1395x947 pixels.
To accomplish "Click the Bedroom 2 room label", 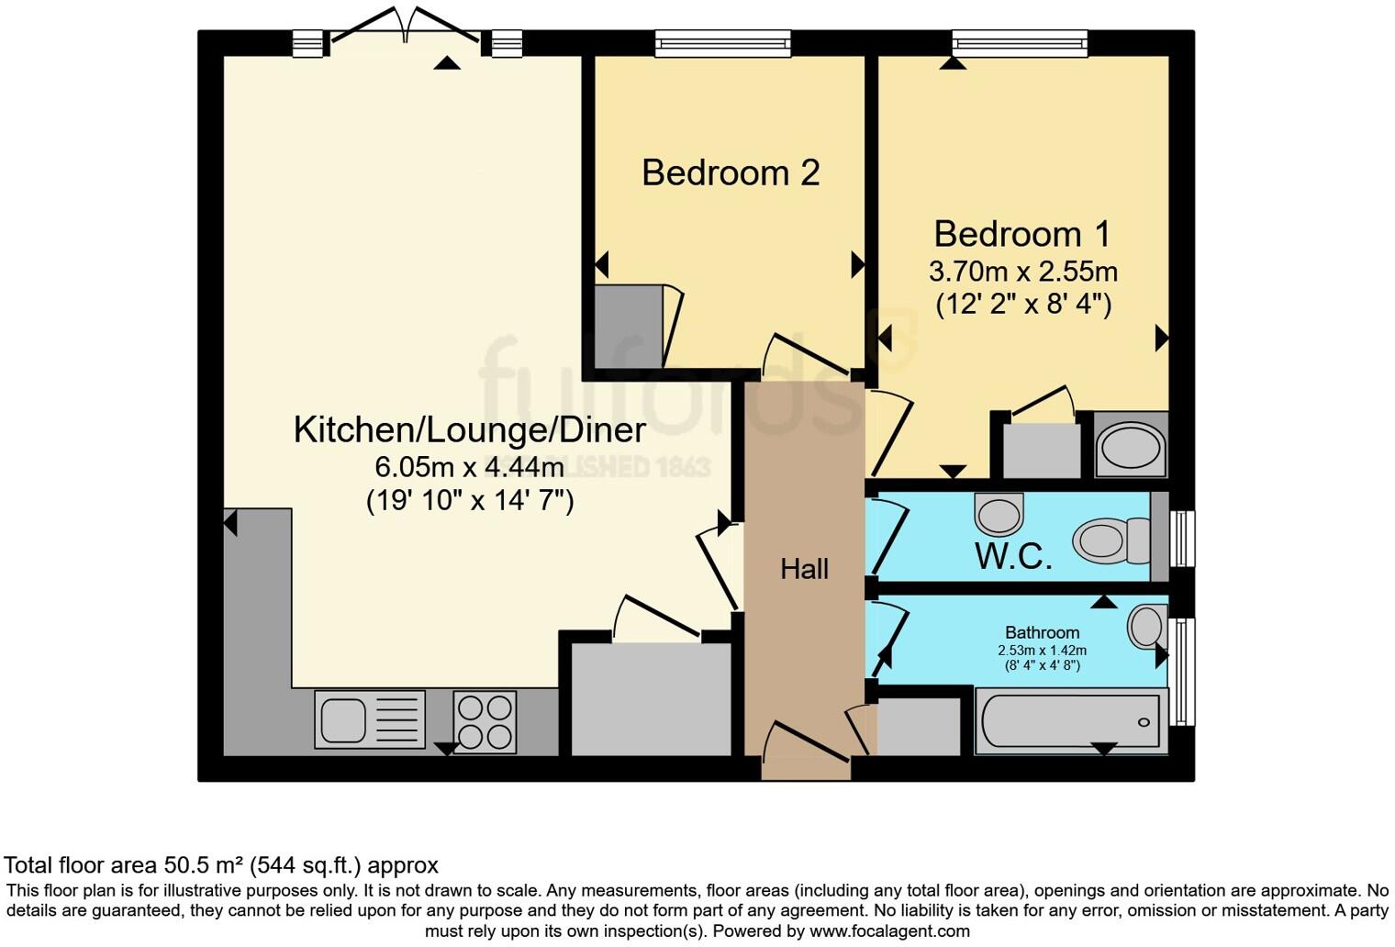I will click(x=731, y=173).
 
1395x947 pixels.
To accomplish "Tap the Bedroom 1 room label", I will click(x=1022, y=234).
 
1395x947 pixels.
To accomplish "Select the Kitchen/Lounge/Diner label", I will click(x=469, y=429).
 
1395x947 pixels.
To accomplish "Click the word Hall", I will click(x=804, y=569).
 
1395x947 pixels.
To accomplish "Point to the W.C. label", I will click(x=1013, y=556).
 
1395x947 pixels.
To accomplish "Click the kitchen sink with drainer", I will click(x=369, y=719).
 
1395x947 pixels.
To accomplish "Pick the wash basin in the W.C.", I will click(x=999, y=514).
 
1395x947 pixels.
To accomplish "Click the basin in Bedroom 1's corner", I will click(x=1131, y=447).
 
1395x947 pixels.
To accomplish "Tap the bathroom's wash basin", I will click(x=1147, y=628).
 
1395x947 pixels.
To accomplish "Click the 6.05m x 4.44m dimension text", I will click(x=469, y=467).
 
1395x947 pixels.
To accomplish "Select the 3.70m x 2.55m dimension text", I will click(x=1022, y=272).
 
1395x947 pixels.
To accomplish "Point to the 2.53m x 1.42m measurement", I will click(x=1042, y=650).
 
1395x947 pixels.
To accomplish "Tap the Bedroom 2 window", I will click(x=722, y=42).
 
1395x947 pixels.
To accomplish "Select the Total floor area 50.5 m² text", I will click(x=221, y=864).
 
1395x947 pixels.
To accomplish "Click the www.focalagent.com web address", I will click(x=887, y=931).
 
